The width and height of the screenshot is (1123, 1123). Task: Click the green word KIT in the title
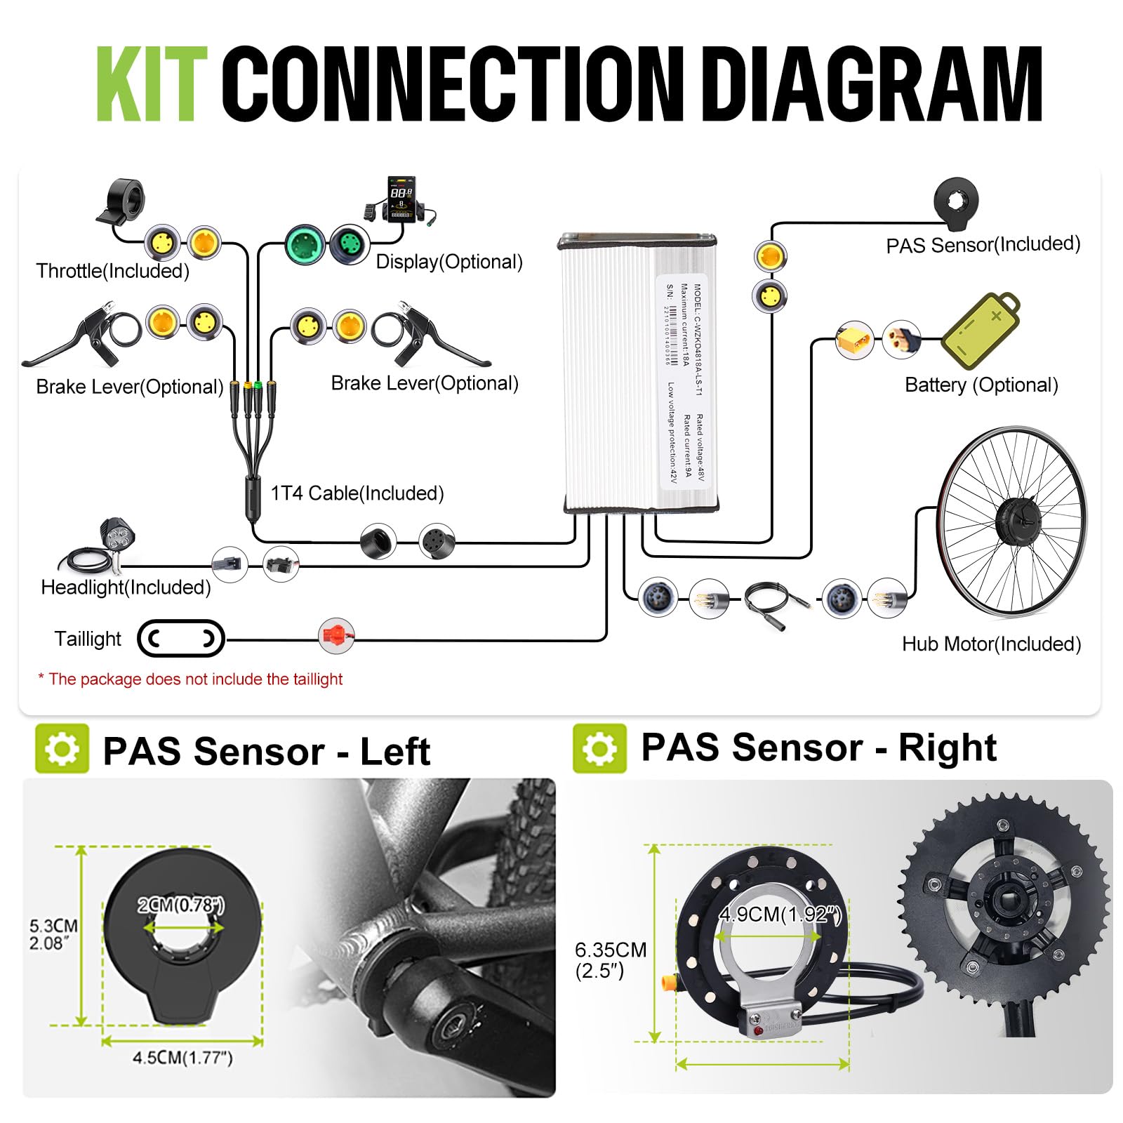pos(152,84)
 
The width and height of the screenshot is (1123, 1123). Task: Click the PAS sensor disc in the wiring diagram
pos(956,203)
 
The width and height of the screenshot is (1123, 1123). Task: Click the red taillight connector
pos(336,636)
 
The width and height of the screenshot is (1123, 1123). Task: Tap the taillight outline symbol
pos(181,638)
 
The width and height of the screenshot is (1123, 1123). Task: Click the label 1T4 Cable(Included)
pos(357,493)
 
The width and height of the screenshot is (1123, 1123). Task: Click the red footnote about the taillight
pos(190,679)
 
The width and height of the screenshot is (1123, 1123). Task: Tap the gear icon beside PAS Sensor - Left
pos(62,748)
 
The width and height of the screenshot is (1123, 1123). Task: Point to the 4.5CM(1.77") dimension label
pos(182,1057)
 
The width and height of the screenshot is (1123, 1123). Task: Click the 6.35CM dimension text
pos(610,950)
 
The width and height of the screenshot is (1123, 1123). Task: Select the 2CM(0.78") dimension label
pos(181,905)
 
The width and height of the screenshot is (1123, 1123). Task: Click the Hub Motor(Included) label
pos(991,644)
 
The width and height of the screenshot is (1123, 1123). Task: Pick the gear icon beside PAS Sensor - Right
pos(599,748)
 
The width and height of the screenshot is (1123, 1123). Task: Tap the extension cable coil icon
pos(775,600)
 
